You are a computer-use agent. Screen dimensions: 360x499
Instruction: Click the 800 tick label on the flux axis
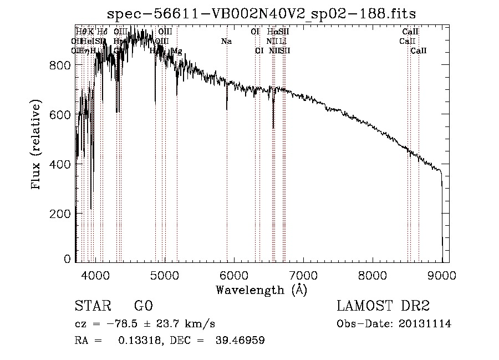tap(59, 65)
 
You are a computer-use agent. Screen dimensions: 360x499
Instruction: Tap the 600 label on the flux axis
tap(59, 114)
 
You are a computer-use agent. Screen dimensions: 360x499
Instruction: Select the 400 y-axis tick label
tap(59, 164)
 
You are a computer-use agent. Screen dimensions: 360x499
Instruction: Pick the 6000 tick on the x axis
tap(234, 273)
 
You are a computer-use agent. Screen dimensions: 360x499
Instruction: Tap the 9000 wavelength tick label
tap(442, 273)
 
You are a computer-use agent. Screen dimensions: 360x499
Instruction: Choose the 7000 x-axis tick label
tap(303, 273)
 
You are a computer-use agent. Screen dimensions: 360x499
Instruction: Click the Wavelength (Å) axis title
tap(261, 290)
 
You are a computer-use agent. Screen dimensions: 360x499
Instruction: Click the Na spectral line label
tap(226, 42)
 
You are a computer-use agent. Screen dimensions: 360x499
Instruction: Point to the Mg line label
tap(177, 51)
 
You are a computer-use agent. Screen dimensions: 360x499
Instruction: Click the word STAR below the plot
tap(92, 306)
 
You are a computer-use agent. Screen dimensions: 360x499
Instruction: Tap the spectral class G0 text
tap(143, 306)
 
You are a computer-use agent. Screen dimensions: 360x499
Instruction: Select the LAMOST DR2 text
tap(383, 306)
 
